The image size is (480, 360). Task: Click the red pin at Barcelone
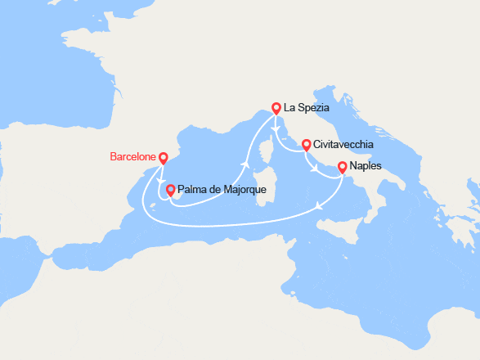(163, 157)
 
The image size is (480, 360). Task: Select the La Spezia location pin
(276, 106)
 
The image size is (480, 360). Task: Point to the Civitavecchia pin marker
(306, 145)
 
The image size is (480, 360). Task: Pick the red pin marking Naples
(342, 166)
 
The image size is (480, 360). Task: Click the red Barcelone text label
(132, 156)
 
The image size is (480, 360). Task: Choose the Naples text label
(365, 166)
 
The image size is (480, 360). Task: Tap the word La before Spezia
(289, 107)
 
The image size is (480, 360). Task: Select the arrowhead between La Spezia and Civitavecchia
(278, 131)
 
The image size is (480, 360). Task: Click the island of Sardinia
(263, 190)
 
